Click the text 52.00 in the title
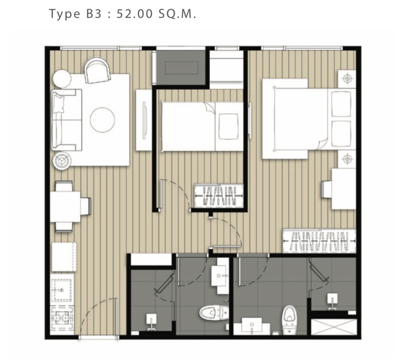click(x=135, y=14)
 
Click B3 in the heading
click(x=94, y=14)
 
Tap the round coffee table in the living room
click(x=102, y=120)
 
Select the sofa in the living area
click(x=67, y=120)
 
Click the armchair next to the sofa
click(x=98, y=70)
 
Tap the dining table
click(x=65, y=207)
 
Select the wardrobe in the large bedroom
click(x=319, y=241)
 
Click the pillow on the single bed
click(x=229, y=127)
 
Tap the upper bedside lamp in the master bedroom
click(x=347, y=79)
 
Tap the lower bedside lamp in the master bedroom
click(x=347, y=159)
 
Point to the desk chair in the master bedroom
click(x=327, y=189)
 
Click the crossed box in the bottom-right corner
click(x=333, y=327)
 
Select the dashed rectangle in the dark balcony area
click(x=181, y=68)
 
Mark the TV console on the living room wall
click(x=144, y=120)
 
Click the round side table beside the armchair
click(x=62, y=79)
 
